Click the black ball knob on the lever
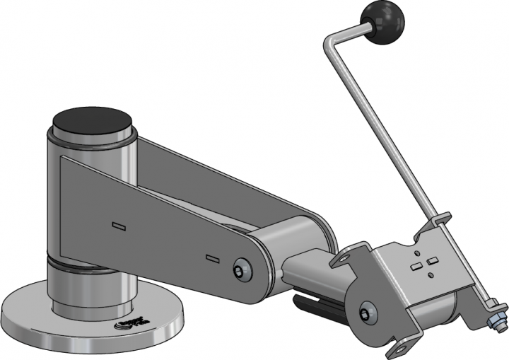pos(383,22)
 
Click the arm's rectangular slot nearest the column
pos(119,226)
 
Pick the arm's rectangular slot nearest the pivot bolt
pos(211,256)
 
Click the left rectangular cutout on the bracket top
pos(417,267)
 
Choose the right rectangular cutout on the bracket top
pos(431,262)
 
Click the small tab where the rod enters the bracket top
pos(439,221)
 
